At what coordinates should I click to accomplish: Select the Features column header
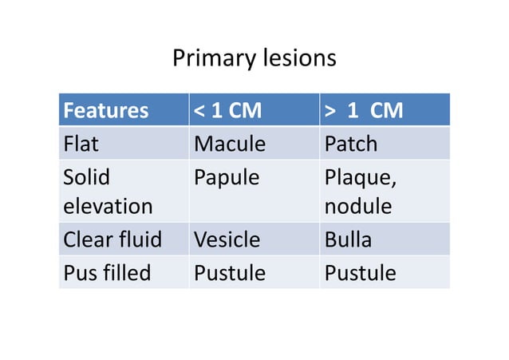tap(105, 110)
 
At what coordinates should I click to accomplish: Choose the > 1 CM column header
tap(363, 110)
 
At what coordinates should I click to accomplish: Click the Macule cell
tap(229, 144)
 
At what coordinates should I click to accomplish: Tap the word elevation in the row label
tap(108, 206)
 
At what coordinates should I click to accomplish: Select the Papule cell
tap(227, 177)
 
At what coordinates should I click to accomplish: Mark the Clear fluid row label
tap(112, 239)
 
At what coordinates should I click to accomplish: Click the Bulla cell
tap(348, 239)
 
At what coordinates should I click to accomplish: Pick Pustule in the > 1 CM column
tap(360, 273)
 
